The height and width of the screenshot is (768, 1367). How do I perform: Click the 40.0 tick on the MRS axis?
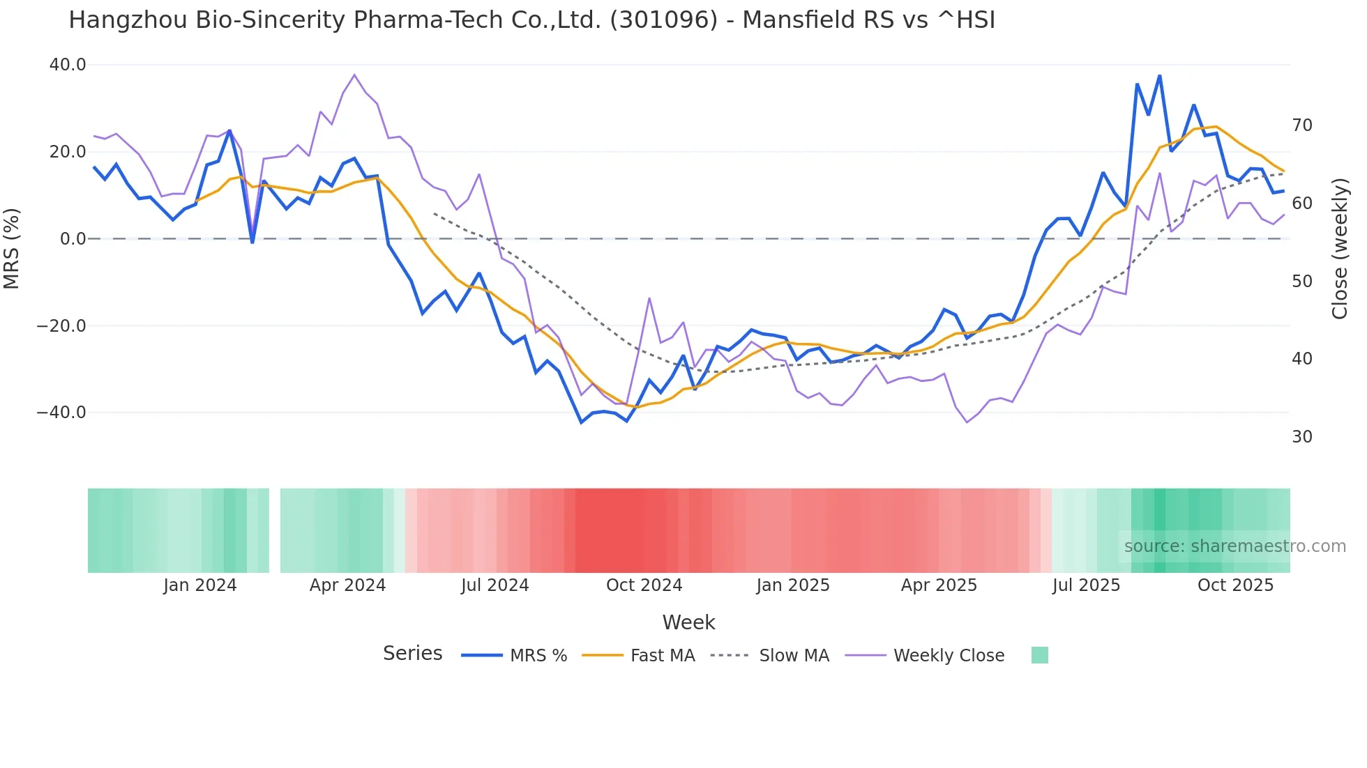(68, 65)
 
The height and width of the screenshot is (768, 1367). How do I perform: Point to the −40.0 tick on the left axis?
(61, 413)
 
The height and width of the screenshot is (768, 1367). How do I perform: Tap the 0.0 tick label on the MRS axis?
(73, 239)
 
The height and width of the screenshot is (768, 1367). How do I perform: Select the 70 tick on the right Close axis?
(1302, 125)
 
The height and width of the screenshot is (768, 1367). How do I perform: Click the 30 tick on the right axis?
(1302, 437)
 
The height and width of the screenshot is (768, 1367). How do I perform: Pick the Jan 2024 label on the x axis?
(200, 585)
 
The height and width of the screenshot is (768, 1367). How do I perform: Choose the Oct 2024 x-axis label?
(644, 585)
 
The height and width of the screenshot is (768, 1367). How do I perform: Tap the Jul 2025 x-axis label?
(1086, 585)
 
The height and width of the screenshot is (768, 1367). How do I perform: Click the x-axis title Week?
(688, 622)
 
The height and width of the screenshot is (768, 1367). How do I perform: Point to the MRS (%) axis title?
(12, 248)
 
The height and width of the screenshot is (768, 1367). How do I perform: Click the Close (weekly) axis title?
(1339, 249)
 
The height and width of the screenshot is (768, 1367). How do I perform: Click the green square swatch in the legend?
(1039, 655)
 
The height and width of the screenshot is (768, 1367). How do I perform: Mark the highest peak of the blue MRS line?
(1159, 76)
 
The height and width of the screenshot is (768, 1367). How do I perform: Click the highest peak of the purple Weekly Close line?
(354, 75)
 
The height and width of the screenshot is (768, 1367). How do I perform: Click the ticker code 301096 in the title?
(663, 20)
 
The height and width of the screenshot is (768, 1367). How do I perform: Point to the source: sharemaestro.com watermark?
(1234, 546)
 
